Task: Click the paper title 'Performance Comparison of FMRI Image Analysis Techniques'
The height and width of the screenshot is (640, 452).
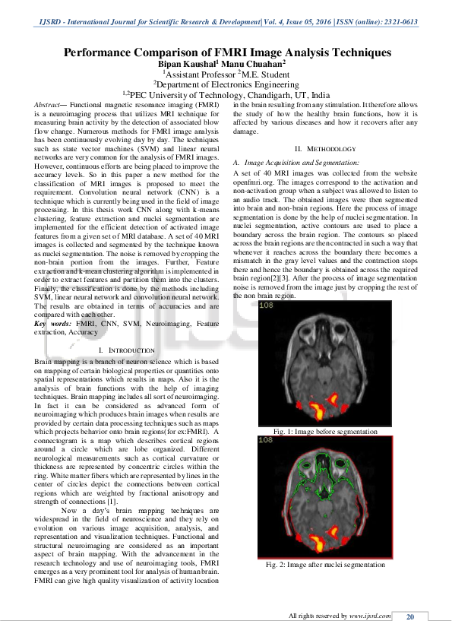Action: click(226, 52)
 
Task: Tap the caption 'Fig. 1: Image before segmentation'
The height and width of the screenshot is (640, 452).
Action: click(325, 432)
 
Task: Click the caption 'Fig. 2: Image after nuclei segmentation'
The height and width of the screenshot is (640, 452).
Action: click(325, 565)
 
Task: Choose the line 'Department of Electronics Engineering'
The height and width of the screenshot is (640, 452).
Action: click(226, 85)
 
